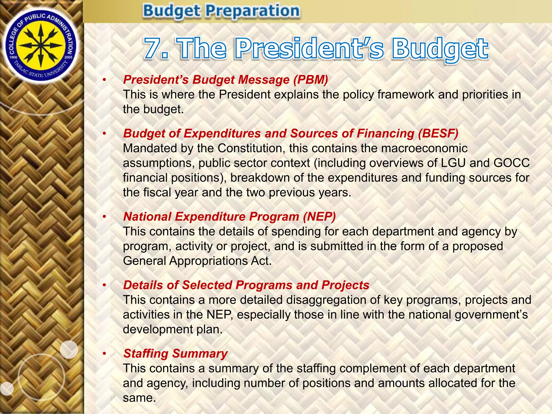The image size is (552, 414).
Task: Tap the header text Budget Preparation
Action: click(221, 11)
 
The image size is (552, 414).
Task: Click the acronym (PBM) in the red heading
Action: click(311, 80)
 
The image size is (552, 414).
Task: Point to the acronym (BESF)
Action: click(438, 134)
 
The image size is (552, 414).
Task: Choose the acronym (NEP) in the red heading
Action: click(319, 217)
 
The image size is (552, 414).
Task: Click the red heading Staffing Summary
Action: click(175, 354)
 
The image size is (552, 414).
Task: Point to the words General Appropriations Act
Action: click(197, 261)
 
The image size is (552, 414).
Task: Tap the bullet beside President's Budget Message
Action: click(104, 80)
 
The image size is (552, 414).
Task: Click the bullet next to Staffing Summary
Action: click(104, 354)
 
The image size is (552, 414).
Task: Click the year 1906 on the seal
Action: click(13, 57)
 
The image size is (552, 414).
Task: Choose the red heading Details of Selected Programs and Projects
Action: click(246, 285)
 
